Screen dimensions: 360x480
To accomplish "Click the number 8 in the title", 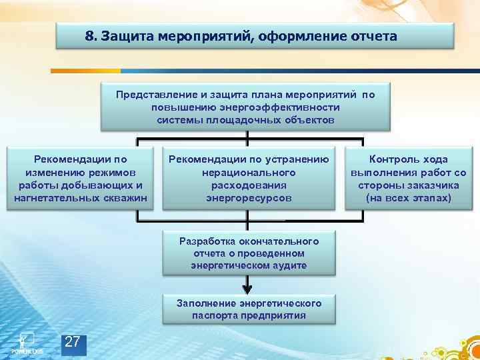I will coord(89,36).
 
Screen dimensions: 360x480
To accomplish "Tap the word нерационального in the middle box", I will coord(249,173).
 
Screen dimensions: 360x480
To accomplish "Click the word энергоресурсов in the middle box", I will coord(249,198).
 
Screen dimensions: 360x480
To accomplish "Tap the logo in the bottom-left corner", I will coord(27,341).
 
